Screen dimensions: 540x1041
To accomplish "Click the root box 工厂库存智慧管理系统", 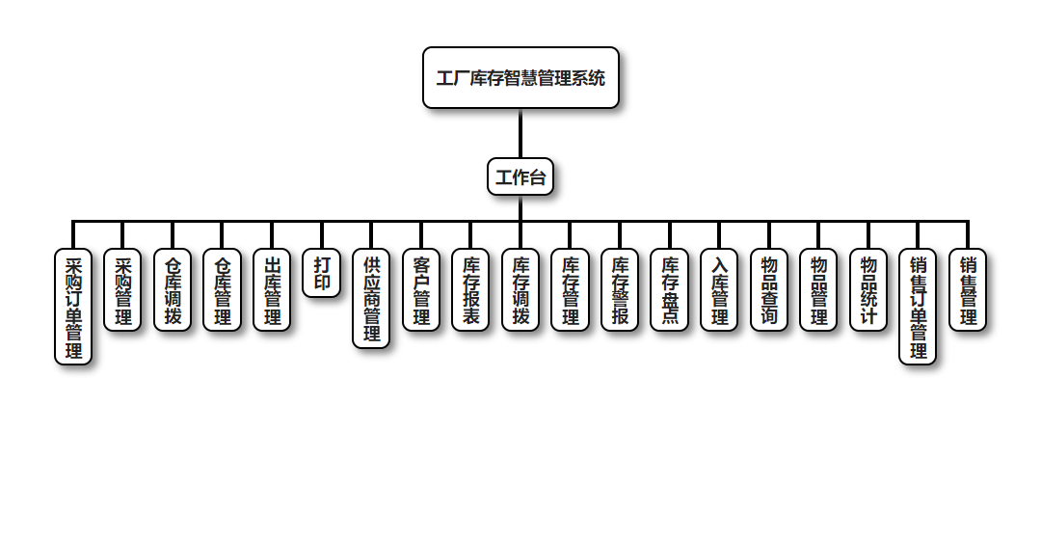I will [520, 78].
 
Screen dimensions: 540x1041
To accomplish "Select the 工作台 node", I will [520, 177].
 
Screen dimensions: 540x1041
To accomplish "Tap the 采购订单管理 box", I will [73, 308].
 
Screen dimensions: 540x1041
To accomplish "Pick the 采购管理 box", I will [122, 290].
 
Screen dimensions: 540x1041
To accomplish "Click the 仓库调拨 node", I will [173, 290].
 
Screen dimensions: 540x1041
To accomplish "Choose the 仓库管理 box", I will [222, 290].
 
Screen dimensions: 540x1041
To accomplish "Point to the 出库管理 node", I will [272, 290].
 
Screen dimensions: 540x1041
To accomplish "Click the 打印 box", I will [322, 274].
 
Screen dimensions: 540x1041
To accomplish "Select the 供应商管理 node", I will [372, 299].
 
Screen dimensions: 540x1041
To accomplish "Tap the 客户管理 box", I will [421, 290].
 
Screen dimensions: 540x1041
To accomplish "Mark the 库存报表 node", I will [470, 290].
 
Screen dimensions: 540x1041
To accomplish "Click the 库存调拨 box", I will [520, 290].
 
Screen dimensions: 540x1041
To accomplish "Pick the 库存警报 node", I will [620, 290].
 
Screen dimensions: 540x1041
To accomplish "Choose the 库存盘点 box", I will [670, 290].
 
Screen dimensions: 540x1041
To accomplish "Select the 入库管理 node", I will [719, 290].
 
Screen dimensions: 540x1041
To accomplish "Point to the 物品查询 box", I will [769, 290].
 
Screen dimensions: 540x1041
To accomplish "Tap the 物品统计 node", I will [868, 290].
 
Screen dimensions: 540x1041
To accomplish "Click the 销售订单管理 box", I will [918, 308].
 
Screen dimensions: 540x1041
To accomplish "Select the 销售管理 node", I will [968, 290].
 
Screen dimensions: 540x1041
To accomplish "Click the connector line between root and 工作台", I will [520, 133].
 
